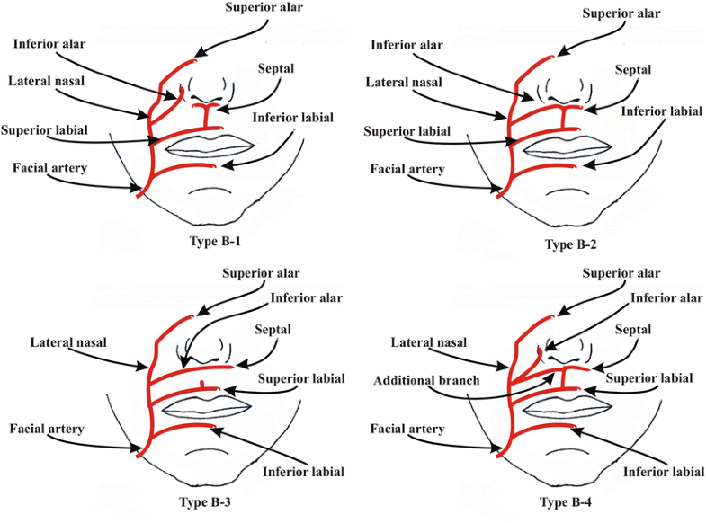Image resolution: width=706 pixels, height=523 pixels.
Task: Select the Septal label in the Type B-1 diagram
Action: point(274,68)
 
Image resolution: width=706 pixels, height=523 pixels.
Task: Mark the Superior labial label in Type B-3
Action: point(301,378)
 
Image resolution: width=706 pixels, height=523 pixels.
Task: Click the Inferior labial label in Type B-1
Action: point(292,118)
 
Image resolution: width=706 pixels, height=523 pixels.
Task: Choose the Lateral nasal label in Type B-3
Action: point(68,342)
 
